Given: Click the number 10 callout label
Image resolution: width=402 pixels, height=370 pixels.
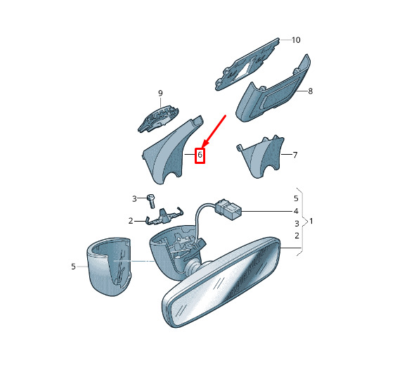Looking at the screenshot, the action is tap(296, 40).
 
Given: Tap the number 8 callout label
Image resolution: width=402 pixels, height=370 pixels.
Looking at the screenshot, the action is tap(310, 91).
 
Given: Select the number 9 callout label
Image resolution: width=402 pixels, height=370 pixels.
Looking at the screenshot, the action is tap(160, 93).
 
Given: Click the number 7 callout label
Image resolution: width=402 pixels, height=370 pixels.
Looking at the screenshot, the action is tap(295, 155).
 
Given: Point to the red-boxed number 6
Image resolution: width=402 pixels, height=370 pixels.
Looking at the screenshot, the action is tap(200, 155).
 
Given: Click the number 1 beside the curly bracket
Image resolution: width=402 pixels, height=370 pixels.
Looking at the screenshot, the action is tap(311, 221).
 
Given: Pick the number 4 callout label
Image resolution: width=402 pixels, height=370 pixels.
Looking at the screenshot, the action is tap(296, 211).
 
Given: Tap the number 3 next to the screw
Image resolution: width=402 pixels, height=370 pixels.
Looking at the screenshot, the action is tap(134, 198).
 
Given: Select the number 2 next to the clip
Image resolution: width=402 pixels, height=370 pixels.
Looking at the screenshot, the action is tap(131, 221).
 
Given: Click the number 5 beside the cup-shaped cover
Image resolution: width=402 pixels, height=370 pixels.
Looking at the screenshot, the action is tap(73, 267).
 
